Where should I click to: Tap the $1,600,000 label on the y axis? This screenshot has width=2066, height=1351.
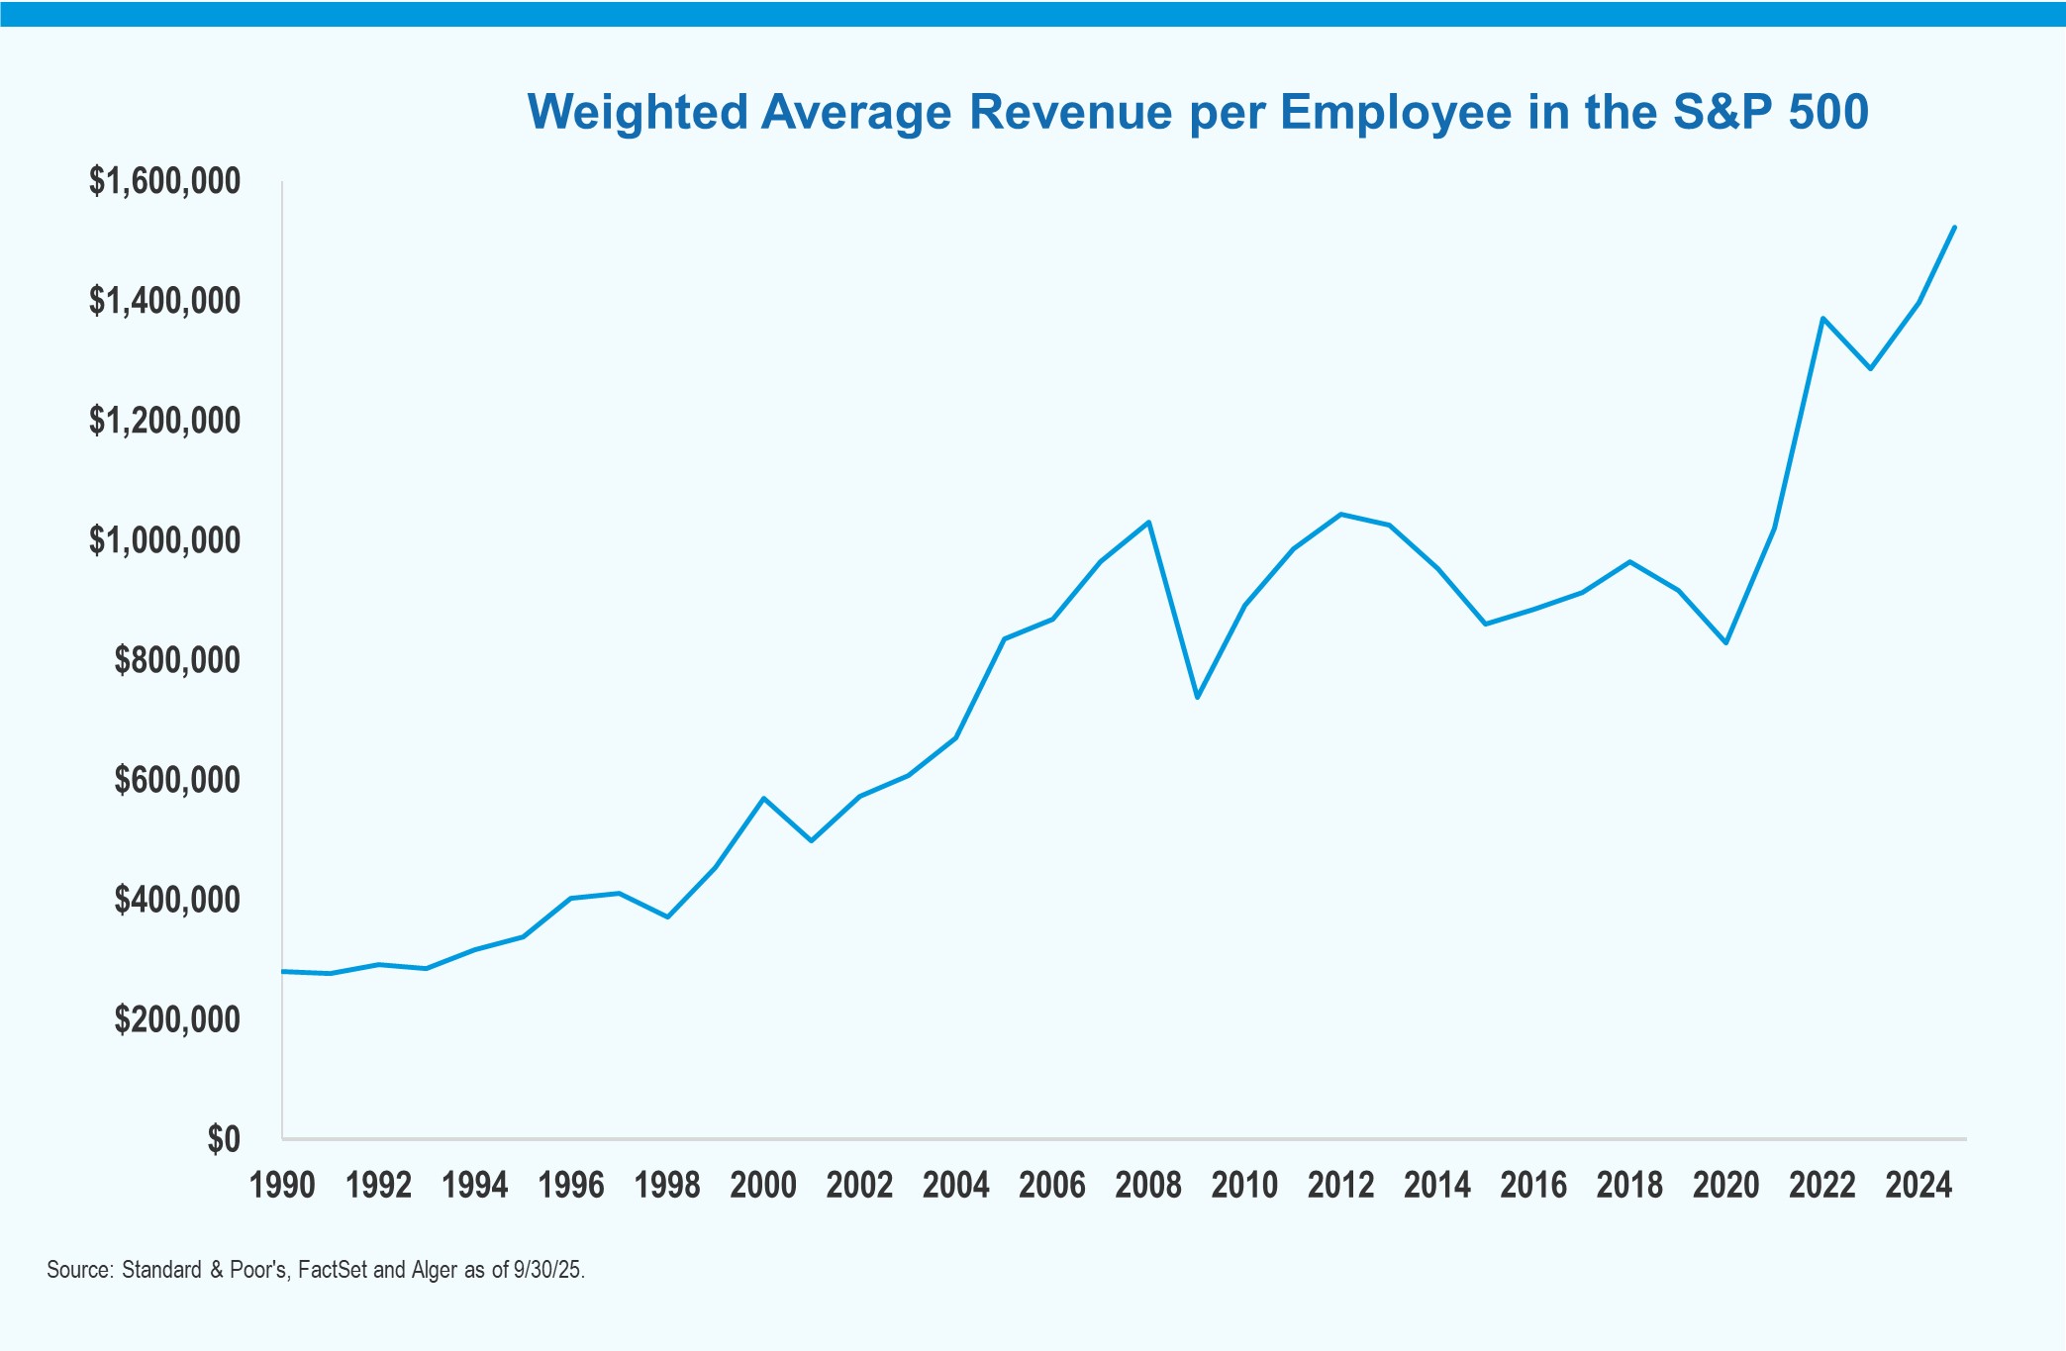(x=164, y=181)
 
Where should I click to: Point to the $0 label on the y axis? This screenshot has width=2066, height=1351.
(x=224, y=1139)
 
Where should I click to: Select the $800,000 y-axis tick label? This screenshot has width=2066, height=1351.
(x=177, y=660)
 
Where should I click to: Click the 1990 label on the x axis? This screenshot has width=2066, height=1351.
(x=282, y=1185)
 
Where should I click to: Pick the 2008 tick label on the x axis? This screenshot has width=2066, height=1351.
(x=1148, y=1185)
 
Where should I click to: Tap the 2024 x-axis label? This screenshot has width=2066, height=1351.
(x=1918, y=1185)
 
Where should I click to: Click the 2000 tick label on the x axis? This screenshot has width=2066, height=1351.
(x=763, y=1185)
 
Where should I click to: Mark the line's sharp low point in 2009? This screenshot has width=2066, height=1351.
(x=1197, y=698)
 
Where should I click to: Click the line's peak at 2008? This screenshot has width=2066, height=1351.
(x=1148, y=522)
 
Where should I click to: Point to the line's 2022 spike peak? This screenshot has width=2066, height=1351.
(x=1822, y=318)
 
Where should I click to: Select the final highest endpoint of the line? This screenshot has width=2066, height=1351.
(x=1954, y=228)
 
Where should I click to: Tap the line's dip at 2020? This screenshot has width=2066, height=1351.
(x=1726, y=643)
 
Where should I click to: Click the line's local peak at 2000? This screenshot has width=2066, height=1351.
(x=763, y=798)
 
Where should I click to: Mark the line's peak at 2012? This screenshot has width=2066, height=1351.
(x=1340, y=514)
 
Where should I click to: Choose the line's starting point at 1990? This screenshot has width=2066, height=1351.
(x=283, y=971)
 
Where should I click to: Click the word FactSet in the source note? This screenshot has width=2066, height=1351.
(x=333, y=1270)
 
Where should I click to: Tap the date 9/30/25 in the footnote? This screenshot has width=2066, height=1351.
(x=547, y=1270)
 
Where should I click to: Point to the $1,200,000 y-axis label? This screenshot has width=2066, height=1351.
(x=164, y=421)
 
